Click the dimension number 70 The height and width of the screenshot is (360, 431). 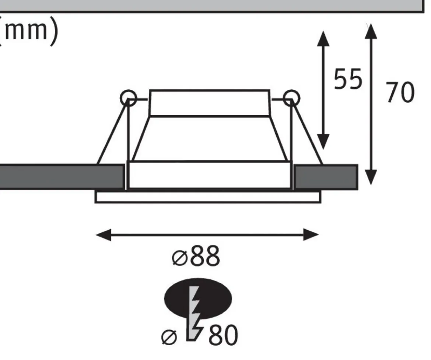(400, 92)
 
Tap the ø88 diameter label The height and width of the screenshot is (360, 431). (196, 256)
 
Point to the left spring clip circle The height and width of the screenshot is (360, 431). (128, 98)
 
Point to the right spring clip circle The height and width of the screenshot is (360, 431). (291, 98)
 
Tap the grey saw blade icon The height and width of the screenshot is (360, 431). (196, 313)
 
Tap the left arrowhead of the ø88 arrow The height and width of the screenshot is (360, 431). (104, 235)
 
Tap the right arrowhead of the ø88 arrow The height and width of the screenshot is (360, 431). (311, 235)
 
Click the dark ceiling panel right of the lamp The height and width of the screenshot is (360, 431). (326, 177)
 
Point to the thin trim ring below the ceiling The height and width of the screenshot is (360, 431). (208, 197)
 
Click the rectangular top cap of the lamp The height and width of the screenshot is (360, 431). (210, 103)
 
